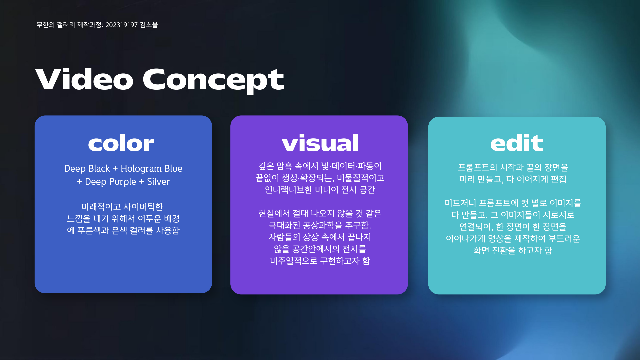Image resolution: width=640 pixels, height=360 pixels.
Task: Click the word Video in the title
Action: pyautogui.click(x=84, y=79)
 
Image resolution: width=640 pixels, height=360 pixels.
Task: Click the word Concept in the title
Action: pyautogui.click(x=213, y=80)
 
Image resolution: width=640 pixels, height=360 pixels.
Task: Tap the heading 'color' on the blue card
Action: pyautogui.click(x=121, y=143)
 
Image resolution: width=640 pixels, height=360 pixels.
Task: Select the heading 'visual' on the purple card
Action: pyautogui.click(x=320, y=143)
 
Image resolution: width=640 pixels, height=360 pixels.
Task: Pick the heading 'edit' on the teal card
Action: pyautogui.click(x=517, y=143)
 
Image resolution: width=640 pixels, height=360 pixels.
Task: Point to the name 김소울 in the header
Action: pyautogui.click(x=149, y=25)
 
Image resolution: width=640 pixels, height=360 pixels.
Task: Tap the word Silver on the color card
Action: pyautogui.click(x=158, y=182)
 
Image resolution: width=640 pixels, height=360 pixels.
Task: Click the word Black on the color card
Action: pyautogui.click(x=99, y=169)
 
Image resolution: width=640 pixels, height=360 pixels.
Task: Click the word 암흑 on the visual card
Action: pyautogui.click(x=284, y=166)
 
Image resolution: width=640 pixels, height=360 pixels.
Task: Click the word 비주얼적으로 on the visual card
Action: pyautogui.click(x=294, y=261)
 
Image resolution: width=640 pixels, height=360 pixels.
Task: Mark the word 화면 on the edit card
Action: pyautogui.click(x=481, y=250)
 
